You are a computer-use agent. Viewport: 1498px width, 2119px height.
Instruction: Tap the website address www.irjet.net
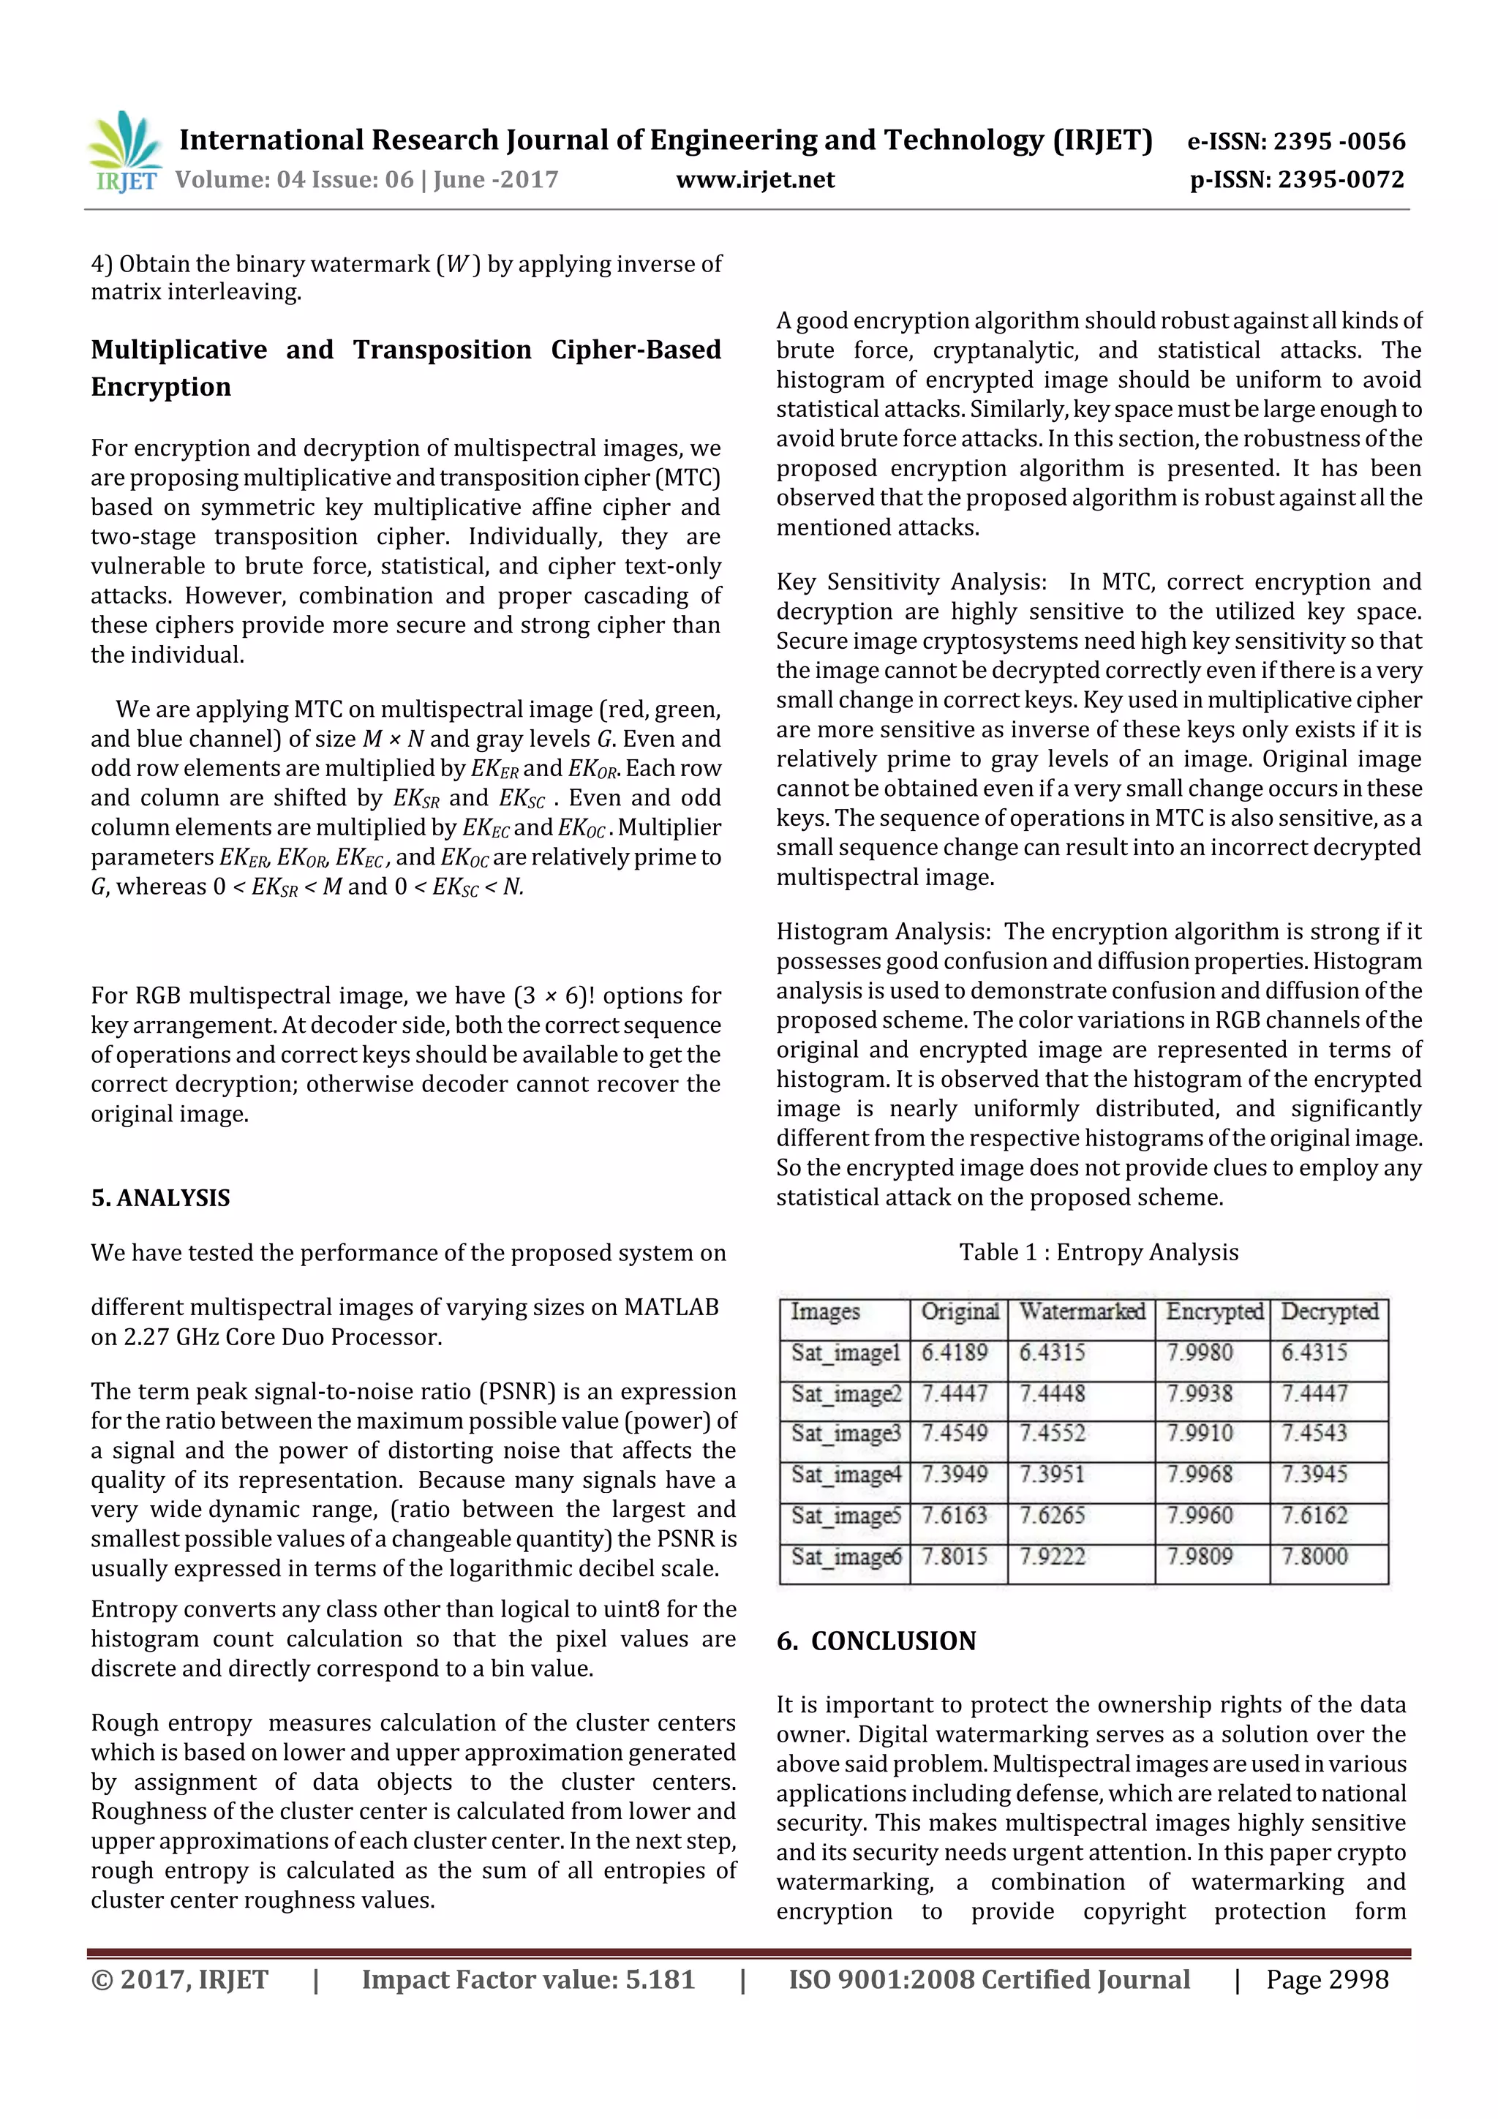tap(755, 179)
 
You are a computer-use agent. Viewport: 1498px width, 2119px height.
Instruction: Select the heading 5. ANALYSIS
tap(161, 1198)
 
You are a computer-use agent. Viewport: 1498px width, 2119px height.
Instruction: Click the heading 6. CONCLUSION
tap(876, 1641)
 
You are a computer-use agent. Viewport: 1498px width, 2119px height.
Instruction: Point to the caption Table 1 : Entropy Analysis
tap(1099, 1252)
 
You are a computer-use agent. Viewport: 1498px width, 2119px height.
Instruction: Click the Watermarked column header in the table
tap(1082, 1311)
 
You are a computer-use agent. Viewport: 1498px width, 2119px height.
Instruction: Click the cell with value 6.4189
tap(955, 1353)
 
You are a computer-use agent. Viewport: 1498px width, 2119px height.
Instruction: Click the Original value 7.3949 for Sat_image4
tap(955, 1475)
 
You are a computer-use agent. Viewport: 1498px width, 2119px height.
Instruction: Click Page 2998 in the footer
tap(1326, 1979)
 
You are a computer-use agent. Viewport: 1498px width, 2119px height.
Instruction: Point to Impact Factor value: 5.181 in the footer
tap(528, 1979)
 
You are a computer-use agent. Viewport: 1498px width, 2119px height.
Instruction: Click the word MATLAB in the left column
tap(671, 1308)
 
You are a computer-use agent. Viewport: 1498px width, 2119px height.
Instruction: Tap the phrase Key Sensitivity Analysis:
tap(911, 582)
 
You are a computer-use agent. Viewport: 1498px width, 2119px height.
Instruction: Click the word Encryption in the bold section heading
tap(161, 387)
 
